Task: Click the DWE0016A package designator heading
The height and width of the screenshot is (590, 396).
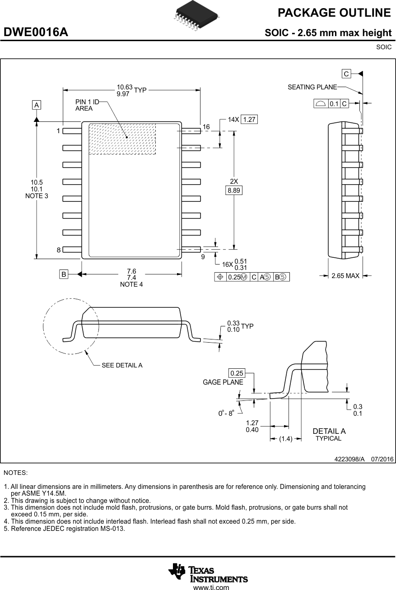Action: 36,33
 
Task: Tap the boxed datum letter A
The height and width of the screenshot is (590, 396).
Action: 36,105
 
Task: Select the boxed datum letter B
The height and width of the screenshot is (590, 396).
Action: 64,274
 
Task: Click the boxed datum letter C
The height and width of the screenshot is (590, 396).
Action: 346,74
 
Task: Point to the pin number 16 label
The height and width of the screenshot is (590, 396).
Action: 206,127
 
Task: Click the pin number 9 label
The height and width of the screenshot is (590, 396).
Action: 203,256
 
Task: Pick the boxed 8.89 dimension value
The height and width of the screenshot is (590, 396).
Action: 234,190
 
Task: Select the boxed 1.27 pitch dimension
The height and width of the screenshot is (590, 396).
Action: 249,120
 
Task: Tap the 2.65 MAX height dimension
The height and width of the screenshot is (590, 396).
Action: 345,275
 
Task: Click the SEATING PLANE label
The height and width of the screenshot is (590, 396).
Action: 312,87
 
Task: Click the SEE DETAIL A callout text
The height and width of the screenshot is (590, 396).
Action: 122,365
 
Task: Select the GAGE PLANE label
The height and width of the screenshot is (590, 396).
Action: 223,382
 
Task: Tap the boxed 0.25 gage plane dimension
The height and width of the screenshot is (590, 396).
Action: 237,373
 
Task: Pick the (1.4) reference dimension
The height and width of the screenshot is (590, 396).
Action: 286,438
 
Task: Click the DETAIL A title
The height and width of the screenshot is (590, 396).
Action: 329,431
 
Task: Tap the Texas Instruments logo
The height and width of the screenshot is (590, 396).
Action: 208,574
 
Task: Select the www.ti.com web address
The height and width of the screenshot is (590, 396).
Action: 211,587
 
